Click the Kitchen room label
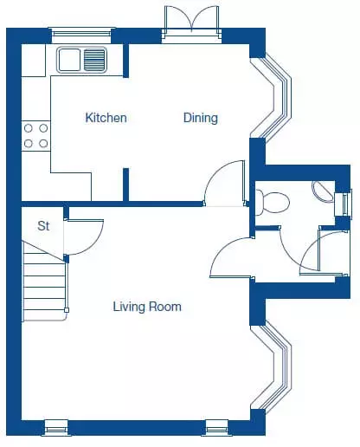pos(106,118)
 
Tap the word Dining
pos(201,118)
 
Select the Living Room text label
pos(147,307)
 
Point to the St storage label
pos(43,226)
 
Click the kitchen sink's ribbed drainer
pos(94,60)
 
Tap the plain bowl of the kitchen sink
pos(69,60)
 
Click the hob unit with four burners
pos(36,136)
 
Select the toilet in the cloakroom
pos(273,202)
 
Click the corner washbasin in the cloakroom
pos(323,191)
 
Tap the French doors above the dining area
pos(191,24)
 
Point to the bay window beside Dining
pos(271,98)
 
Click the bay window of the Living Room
pos(271,367)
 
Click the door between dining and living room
pos(224,183)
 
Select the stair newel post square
pos(67,310)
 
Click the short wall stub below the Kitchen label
pos(125,185)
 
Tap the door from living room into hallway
pos(231,257)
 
